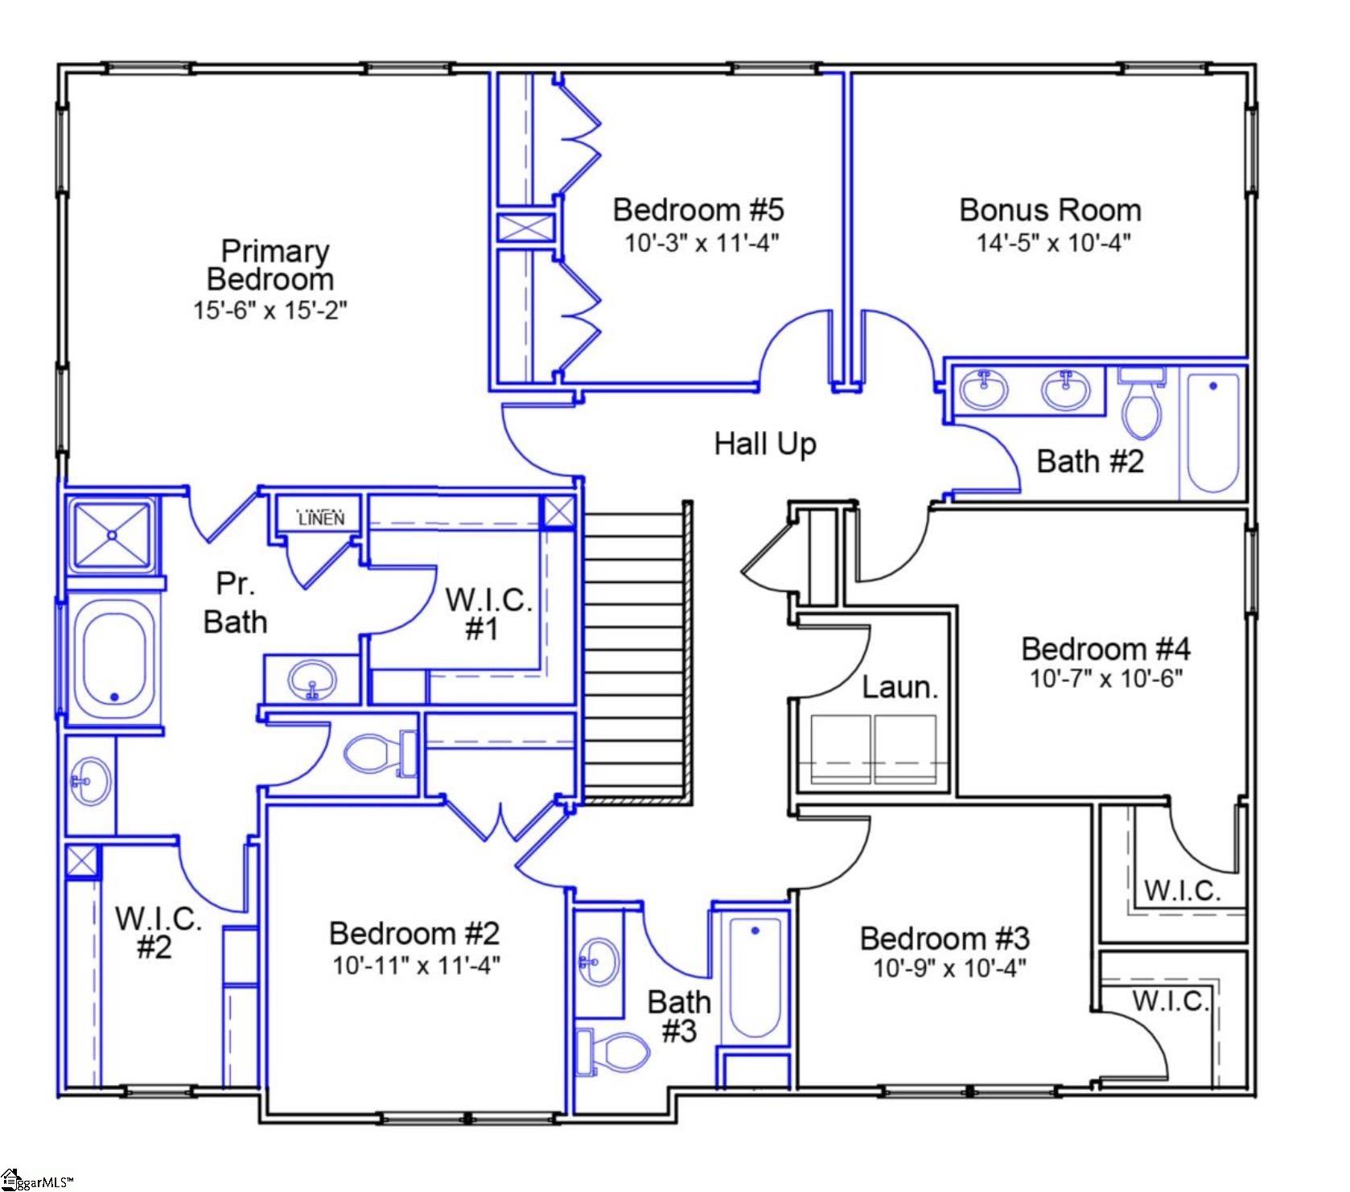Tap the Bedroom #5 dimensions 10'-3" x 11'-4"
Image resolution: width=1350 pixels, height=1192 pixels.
click(702, 242)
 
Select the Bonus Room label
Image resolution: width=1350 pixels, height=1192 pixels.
click(1050, 210)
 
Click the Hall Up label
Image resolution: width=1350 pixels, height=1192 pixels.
click(765, 444)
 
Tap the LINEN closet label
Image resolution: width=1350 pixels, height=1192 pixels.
click(321, 519)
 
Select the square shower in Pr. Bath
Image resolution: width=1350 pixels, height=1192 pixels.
click(111, 535)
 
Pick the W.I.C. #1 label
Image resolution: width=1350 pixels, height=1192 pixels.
click(488, 614)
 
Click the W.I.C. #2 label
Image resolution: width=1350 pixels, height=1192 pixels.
click(157, 932)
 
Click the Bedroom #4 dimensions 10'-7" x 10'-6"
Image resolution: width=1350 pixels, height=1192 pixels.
click(1106, 679)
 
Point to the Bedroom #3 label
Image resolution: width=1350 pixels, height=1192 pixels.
click(945, 938)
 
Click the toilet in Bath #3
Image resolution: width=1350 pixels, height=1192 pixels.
click(615, 1050)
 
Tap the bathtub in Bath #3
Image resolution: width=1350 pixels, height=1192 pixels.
click(755, 977)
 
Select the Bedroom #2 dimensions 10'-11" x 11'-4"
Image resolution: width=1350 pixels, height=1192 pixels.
click(417, 964)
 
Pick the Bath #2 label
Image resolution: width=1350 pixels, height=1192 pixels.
click(1089, 462)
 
